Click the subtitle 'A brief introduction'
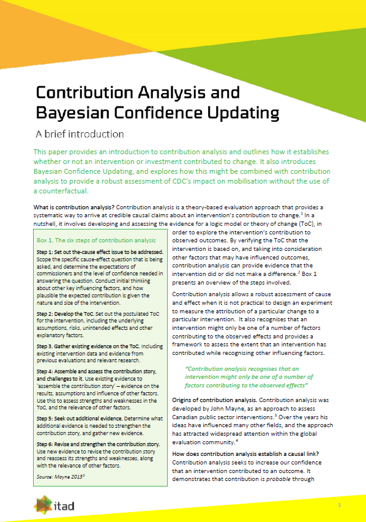coord(79,133)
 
